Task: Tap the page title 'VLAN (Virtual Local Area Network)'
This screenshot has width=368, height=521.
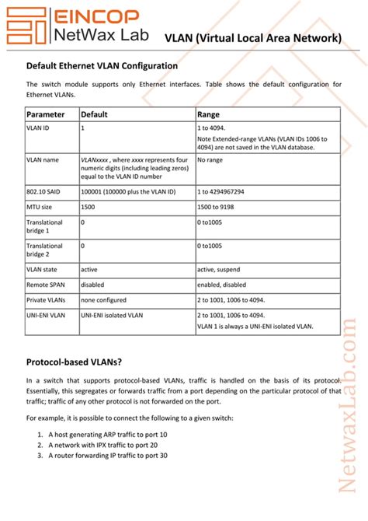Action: [253, 37]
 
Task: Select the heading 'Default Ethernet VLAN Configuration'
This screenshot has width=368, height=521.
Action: [102, 66]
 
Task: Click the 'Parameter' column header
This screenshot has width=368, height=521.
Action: [46, 114]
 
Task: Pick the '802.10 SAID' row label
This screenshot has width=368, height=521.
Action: [44, 191]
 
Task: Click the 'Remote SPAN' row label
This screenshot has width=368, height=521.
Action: [45, 284]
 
